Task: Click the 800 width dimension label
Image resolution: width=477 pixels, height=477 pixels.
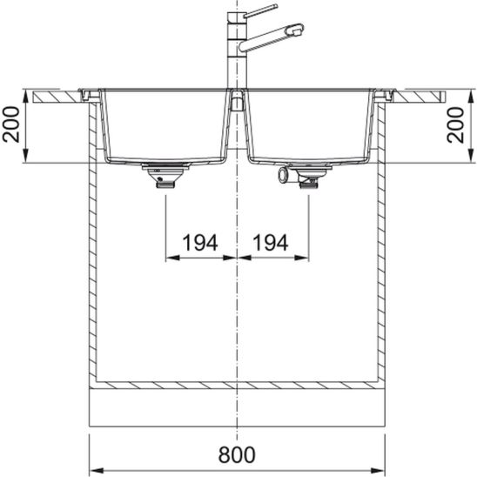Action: [x=237, y=454]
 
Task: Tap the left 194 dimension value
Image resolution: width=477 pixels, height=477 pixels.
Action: [x=200, y=243]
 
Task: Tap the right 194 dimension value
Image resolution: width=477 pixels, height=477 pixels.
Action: [x=271, y=243]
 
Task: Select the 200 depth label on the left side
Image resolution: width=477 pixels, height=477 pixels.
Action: [x=11, y=124]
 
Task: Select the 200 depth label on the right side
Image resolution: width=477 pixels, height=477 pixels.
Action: [x=456, y=124]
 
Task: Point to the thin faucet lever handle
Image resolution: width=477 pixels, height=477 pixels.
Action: [x=262, y=10]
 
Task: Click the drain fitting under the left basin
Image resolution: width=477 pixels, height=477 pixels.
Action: [x=165, y=176]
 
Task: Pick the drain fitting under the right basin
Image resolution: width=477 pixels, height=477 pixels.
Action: [x=310, y=176]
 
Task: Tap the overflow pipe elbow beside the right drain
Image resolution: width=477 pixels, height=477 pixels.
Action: [x=286, y=176]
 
